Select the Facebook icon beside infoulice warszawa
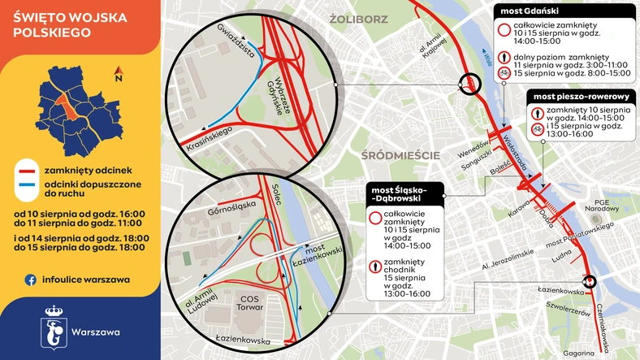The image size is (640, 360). [30, 279]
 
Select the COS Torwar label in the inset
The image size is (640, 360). [248, 302]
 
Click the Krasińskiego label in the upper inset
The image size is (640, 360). [210, 130]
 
